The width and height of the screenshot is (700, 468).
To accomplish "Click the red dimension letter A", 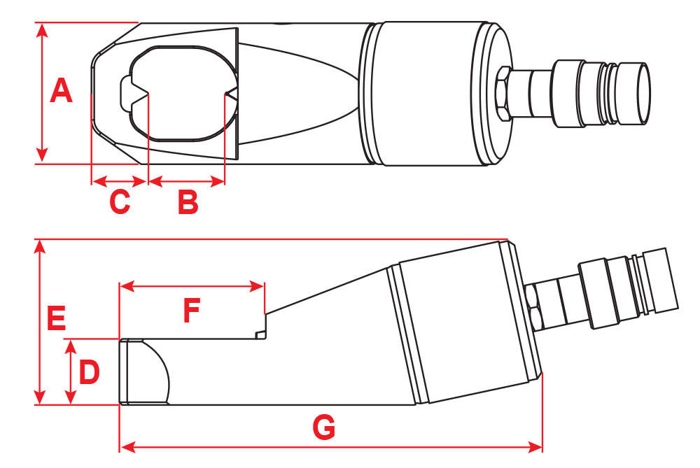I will pos(62,92).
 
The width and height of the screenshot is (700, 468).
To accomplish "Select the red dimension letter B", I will pos(188,202).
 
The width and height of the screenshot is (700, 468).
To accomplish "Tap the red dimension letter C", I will pos(120,202).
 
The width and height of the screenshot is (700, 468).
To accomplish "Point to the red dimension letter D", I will pos(89,373).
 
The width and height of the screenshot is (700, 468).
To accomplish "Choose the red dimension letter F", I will pos(191,311).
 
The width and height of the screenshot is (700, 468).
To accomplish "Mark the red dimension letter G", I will pos(323,427).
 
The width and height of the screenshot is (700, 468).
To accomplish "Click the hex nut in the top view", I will pos(503,93).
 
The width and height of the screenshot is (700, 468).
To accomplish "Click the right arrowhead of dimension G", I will pos(537,446).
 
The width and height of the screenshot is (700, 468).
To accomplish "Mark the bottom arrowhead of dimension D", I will pos(70,398).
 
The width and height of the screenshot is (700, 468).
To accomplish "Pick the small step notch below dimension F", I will pos(261,335).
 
